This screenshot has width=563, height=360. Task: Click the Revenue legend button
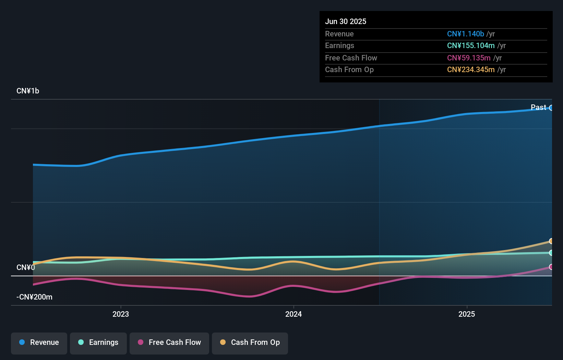[x=39, y=342]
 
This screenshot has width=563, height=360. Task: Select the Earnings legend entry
[x=98, y=342]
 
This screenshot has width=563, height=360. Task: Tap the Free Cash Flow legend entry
[x=169, y=342]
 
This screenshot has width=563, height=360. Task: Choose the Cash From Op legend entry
[x=250, y=342]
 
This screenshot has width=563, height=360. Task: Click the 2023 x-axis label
[x=121, y=314]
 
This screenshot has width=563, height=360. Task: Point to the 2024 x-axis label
[x=294, y=314]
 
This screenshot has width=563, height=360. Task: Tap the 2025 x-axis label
[x=467, y=314]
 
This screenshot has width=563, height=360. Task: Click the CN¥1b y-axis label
[x=28, y=91]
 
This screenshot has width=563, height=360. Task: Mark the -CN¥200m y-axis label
[x=34, y=297]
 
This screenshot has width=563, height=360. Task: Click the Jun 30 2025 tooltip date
[x=346, y=21]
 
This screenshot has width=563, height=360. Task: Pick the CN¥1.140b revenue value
[x=465, y=34]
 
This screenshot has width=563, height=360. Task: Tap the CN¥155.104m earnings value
[x=470, y=45]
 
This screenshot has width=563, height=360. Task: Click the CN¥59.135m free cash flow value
[x=468, y=58]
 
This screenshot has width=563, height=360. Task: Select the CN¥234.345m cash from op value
[x=470, y=69]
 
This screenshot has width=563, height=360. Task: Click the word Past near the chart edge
[x=538, y=108]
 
